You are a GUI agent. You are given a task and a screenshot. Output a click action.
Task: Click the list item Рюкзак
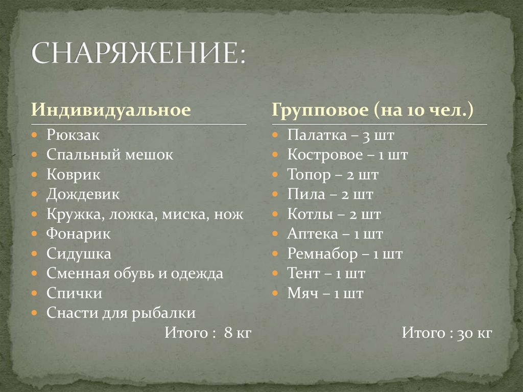tap(73, 135)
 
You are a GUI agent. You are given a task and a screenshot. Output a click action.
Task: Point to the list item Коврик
tap(74, 175)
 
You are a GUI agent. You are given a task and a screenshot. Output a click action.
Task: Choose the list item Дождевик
tap(83, 194)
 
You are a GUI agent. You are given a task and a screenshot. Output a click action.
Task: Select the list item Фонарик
tap(79, 234)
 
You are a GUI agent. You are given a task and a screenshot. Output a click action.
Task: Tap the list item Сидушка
tap(79, 253)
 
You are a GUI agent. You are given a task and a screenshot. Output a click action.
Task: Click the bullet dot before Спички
tap(34, 293)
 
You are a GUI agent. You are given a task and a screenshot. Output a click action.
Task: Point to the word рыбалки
tap(170, 312)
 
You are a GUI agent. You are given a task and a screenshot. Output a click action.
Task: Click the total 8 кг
tap(238, 333)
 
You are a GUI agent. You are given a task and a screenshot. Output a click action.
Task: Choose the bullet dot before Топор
tap(274, 175)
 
